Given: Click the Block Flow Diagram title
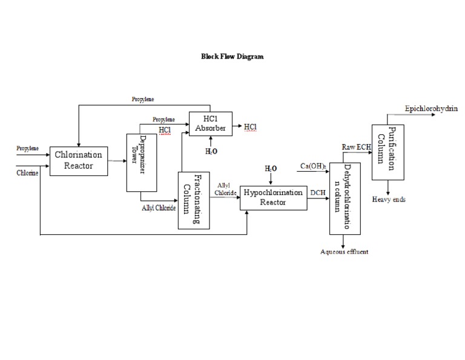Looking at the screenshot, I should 232,56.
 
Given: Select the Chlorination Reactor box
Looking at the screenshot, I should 79,160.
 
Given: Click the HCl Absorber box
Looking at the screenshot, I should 210,123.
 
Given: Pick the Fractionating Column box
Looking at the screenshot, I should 193,200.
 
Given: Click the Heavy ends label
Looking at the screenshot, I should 389,199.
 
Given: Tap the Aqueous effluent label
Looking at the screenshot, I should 344,252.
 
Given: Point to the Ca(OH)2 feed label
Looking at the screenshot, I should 314,166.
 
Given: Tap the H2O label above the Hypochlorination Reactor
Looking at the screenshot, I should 271,168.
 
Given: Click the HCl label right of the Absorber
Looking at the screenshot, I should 250,126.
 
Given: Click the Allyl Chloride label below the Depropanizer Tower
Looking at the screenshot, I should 159,208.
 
